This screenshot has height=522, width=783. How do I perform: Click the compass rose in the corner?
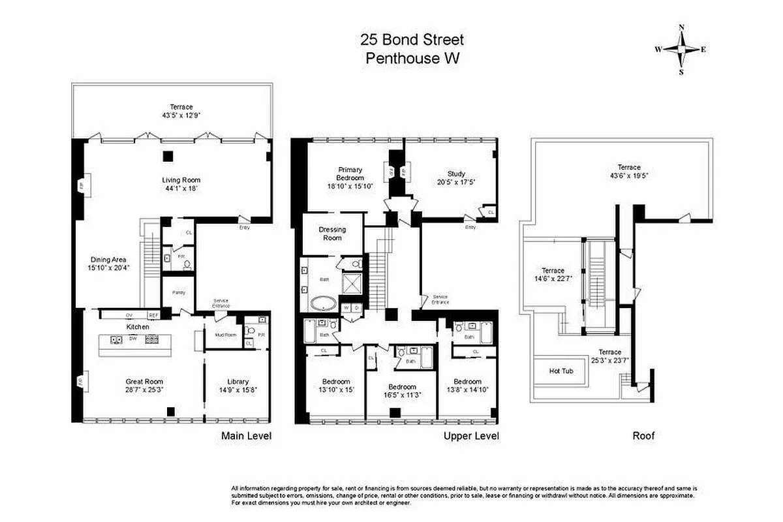point(681,50)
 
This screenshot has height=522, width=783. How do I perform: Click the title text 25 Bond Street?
point(412,40)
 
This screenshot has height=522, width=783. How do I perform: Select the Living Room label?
point(181,180)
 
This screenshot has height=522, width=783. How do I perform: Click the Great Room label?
point(144,382)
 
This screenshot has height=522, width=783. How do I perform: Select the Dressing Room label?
point(332,234)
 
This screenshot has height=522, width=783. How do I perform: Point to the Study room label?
point(456,174)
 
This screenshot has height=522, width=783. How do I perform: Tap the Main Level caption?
point(246,435)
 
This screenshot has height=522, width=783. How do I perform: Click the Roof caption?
point(643,435)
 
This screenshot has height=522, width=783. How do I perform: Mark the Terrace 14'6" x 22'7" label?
point(553,271)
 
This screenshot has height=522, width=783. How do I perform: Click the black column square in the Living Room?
point(168,155)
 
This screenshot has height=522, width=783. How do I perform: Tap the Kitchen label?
point(138,326)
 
